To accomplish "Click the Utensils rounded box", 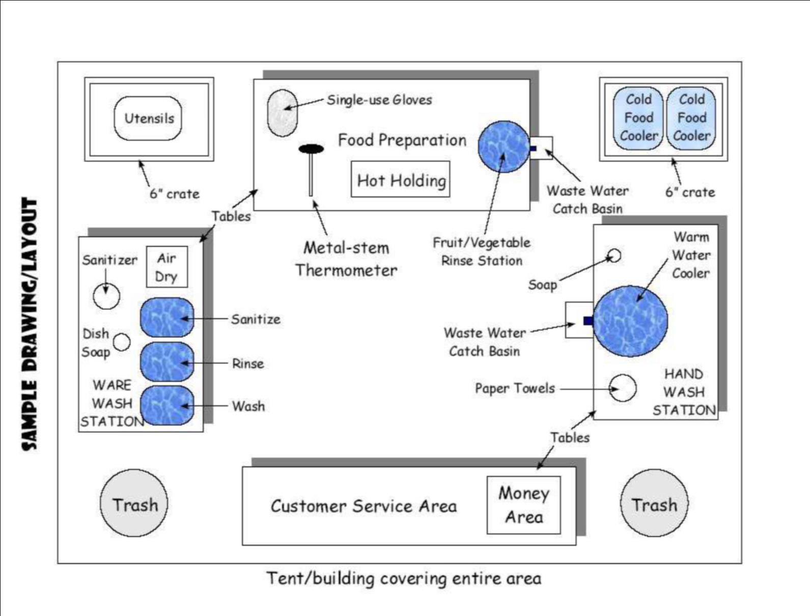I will pos(148,119).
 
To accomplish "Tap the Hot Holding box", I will pos(401,180).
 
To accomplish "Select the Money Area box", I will pos(523,505).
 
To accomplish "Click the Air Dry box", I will pos(167,267).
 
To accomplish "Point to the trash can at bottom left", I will pos(134,503).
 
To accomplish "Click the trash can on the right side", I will pos(654,503).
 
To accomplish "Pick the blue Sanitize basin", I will pos(167,318).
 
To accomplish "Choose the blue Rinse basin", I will pos(167,362).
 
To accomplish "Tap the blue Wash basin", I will pos(167,406).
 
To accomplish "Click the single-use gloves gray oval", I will pos(282,113).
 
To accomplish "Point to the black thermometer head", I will pos(311,149).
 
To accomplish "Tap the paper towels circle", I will pos(623,388).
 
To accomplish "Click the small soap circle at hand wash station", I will pos(615,255).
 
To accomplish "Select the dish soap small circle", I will pos(122,342).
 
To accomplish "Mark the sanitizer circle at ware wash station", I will pos(107,296).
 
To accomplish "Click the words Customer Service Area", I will pos(364,506).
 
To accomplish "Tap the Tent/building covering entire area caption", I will pos(404,579).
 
